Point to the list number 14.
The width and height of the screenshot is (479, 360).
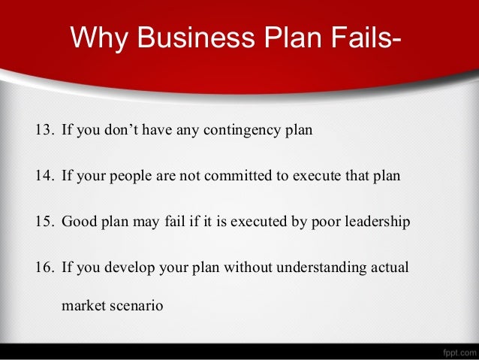(44, 176)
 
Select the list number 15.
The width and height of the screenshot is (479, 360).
(44, 222)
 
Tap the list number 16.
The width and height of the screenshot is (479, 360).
(44, 268)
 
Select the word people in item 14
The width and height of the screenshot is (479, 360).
(135, 177)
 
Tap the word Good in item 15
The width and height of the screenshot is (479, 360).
(78, 222)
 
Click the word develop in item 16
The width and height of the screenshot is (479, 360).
(128, 268)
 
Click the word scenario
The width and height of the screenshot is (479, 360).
(134, 307)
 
